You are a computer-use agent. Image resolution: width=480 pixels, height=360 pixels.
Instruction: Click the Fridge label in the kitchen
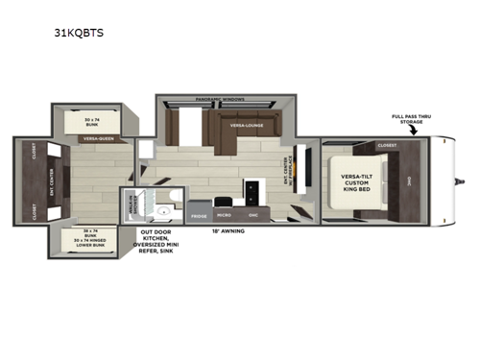tap(199, 216)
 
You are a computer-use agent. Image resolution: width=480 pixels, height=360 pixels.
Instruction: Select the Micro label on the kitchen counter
tap(224, 216)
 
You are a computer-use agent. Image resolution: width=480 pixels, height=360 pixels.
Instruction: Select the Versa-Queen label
tap(92, 139)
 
